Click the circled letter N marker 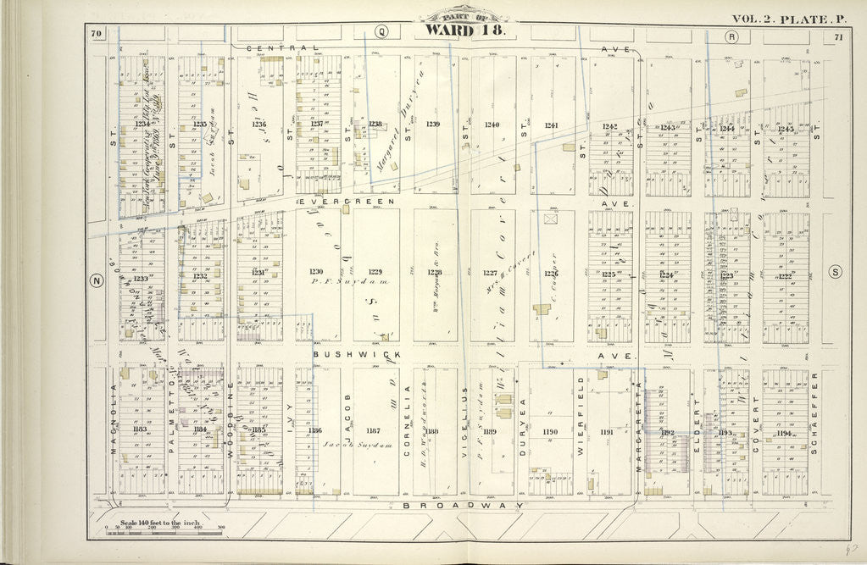(x=95, y=283)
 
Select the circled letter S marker (x=836, y=272)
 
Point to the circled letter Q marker (x=382, y=32)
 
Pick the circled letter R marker (x=731, y=36)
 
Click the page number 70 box (x=97, y=34)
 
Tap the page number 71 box (x=837, y=36)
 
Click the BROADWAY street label (x=463, y=504)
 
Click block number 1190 (x=551, y=432)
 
